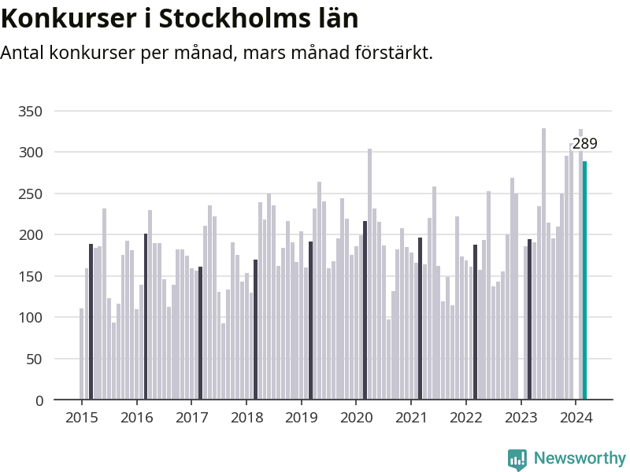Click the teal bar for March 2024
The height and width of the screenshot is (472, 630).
point(584,281)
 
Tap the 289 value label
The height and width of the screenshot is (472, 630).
point(584,144)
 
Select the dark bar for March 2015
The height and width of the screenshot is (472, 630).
point(91,322)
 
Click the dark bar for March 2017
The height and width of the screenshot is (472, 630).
point(200,334)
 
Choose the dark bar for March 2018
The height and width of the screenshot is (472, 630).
point(255,330)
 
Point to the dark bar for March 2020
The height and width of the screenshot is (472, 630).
point(365,311)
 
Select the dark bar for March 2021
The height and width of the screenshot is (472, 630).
point(420,319)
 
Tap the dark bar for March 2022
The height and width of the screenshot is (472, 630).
point(475,323)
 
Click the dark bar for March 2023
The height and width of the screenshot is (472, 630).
point(529,319)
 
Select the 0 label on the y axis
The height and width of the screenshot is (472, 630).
point(39,400)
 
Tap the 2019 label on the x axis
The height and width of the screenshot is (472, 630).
point(301,418)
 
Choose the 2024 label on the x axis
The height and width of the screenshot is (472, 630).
point(575,418)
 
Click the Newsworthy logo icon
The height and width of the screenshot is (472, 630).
point(517,459)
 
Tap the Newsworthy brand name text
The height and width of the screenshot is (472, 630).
point(580,458)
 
